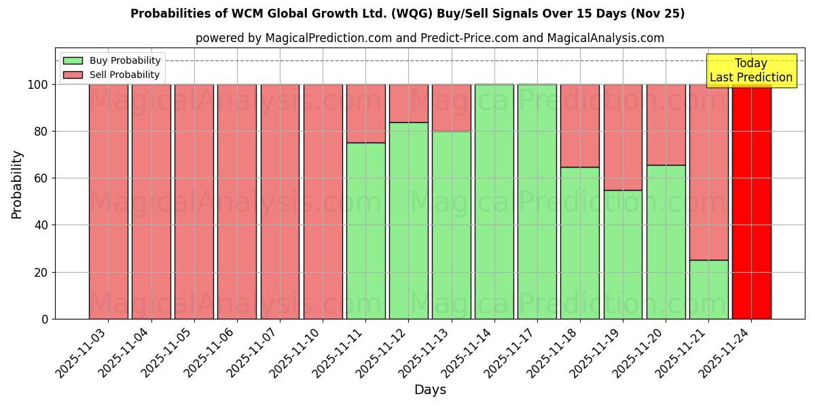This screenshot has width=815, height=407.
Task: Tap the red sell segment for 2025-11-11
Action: click(x=365, y=113)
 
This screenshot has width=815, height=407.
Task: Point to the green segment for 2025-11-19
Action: click(x=623, y=254)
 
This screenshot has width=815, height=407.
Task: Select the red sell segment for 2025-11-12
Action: click(x=408, y=103)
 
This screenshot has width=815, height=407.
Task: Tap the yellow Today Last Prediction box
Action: click(x=750, y=71)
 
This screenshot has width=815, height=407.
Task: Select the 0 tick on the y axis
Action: click(x=45, y=319)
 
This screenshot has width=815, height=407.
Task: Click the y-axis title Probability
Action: click(x=17, y=185)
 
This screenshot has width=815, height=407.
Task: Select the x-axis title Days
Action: click(x=430, y=390)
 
